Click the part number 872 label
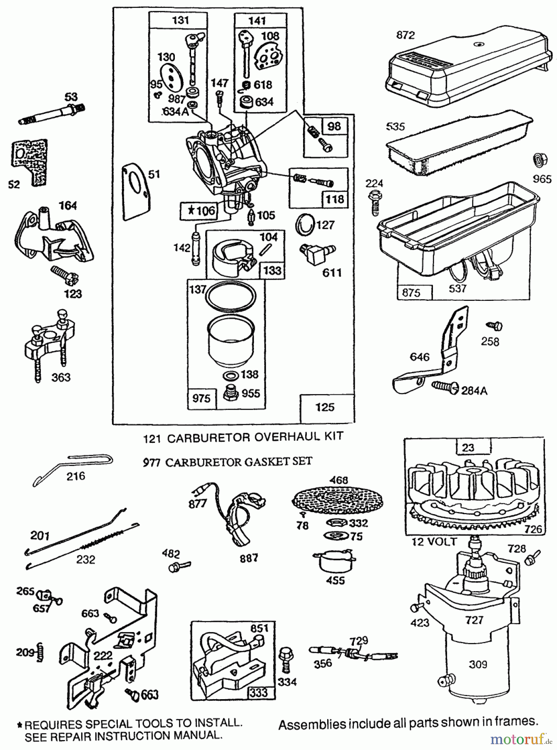pyautogui.click(x=405, y=35)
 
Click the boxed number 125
pyautogui.click(x=325, y=407)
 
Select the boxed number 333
pyautogui.click(x=259, y=692)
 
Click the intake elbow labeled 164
pyautogui.click(x=54, y=237)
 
